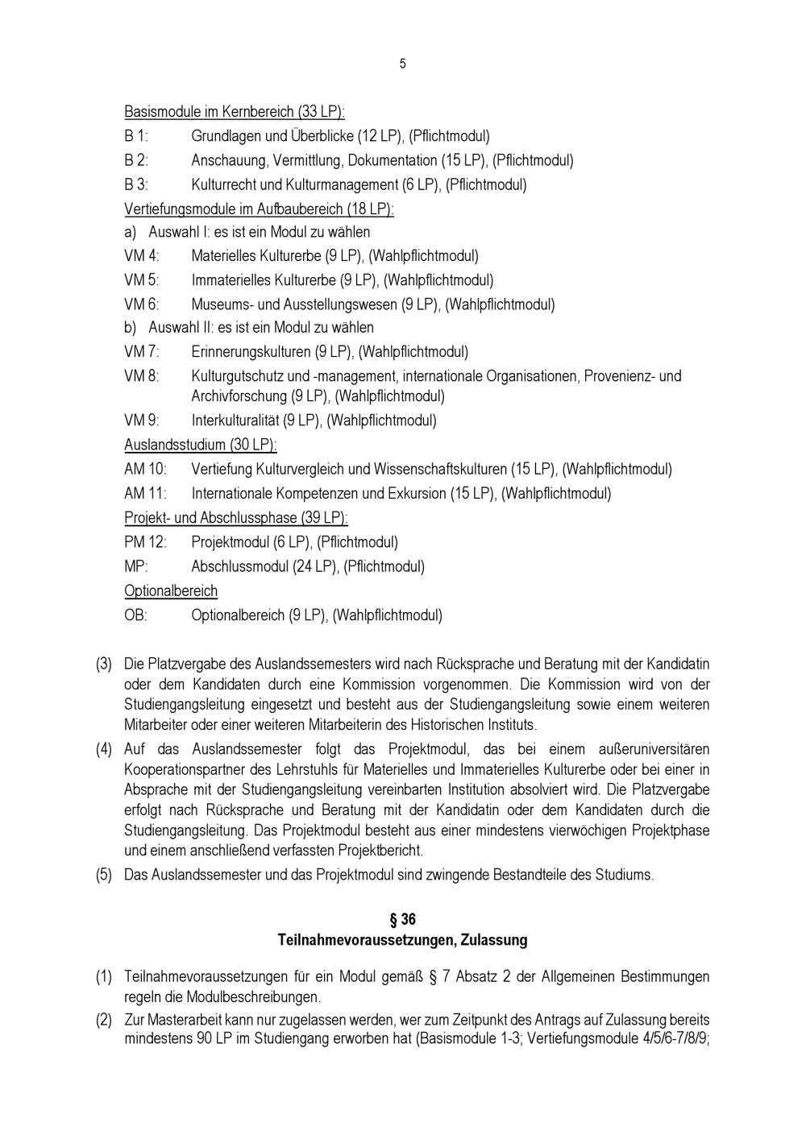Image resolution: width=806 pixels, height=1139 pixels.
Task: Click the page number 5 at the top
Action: (402, 64)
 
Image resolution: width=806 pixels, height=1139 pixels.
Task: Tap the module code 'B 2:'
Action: (136, 160)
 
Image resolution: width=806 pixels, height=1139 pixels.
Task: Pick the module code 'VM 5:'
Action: (142, 280)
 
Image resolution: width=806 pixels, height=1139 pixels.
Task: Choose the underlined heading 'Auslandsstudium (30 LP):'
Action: (200, 445)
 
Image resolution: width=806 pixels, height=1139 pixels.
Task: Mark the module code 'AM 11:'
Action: (145, 493)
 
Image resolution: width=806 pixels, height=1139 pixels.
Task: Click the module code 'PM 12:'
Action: (145, 542)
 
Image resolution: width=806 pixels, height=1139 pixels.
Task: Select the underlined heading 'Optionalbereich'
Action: (171, 591)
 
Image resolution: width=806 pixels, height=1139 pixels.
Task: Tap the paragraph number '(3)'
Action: (104, 665)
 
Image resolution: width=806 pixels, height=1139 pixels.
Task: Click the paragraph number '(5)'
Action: (104, 875)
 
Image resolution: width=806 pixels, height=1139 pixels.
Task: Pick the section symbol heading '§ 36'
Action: (402, 919)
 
